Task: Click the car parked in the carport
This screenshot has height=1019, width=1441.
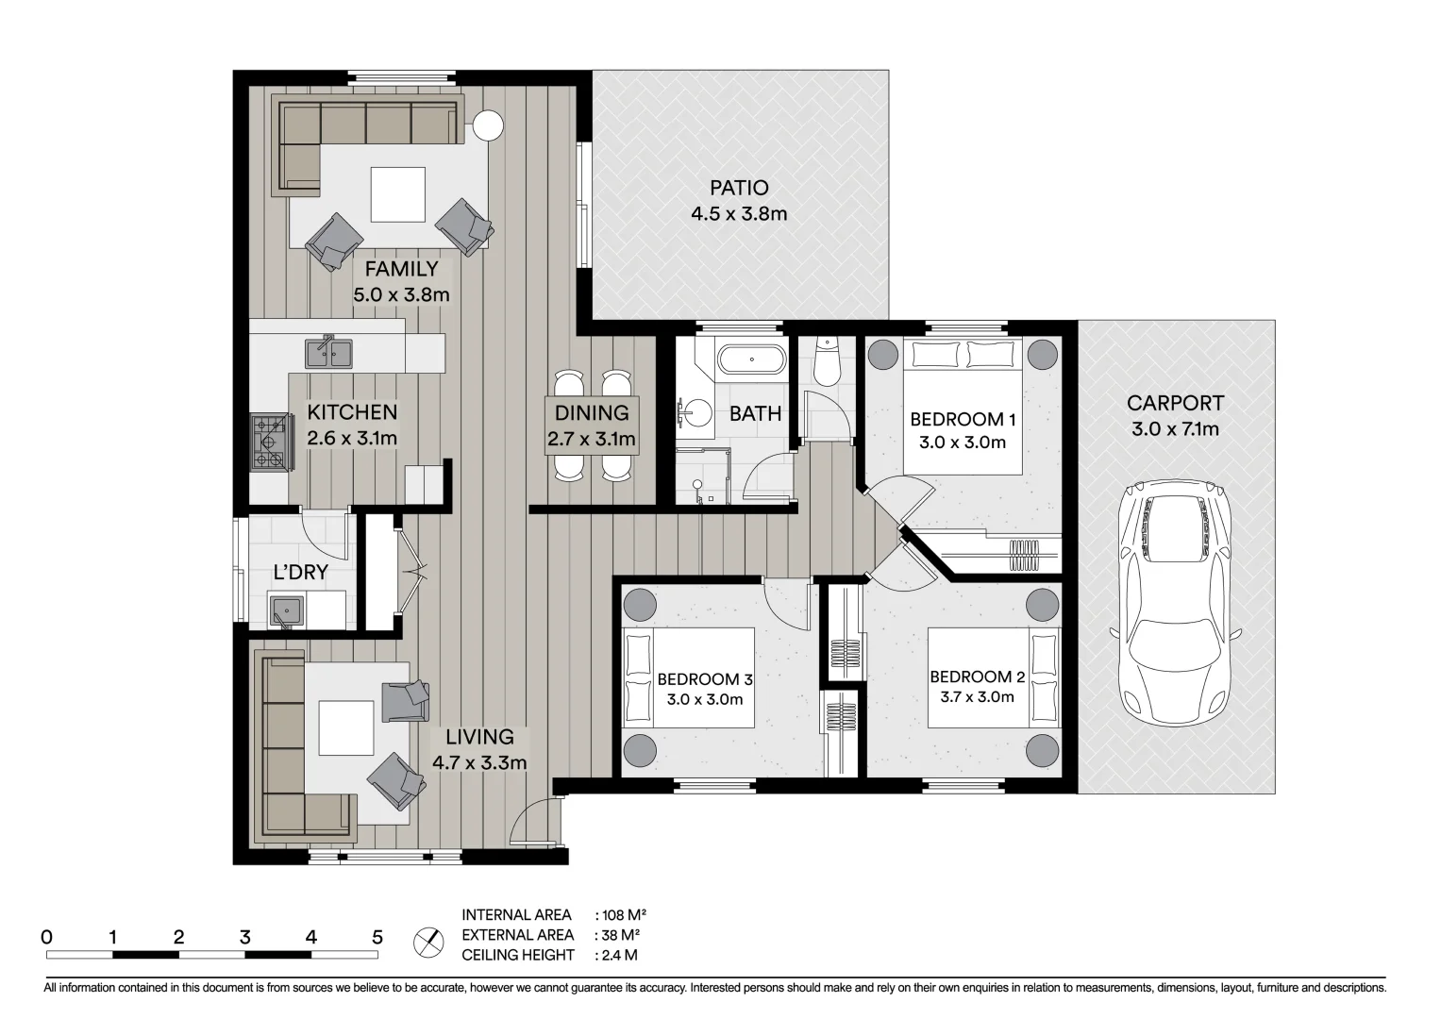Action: click(1174, 604)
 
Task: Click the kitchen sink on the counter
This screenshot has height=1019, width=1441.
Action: click(328, 353)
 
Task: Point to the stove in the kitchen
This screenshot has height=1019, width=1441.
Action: click(268, 443)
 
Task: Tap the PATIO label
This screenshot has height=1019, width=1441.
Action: click(739, 189)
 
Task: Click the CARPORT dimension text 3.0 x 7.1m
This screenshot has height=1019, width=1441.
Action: click(1175, 429)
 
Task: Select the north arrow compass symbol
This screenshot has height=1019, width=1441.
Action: click(428, 942)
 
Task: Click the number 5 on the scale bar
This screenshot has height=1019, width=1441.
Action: click(377, 937)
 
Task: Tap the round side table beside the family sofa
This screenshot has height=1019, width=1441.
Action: click(488, 125)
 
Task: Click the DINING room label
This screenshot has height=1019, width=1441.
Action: click(592, 412)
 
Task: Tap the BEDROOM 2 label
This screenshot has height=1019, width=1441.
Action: click(977, 677)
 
